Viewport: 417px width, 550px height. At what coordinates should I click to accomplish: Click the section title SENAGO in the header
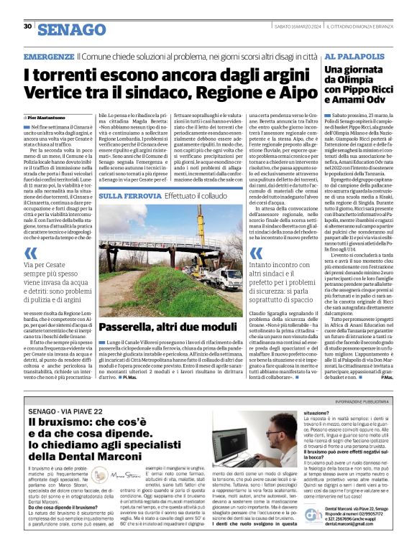(72, 29)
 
